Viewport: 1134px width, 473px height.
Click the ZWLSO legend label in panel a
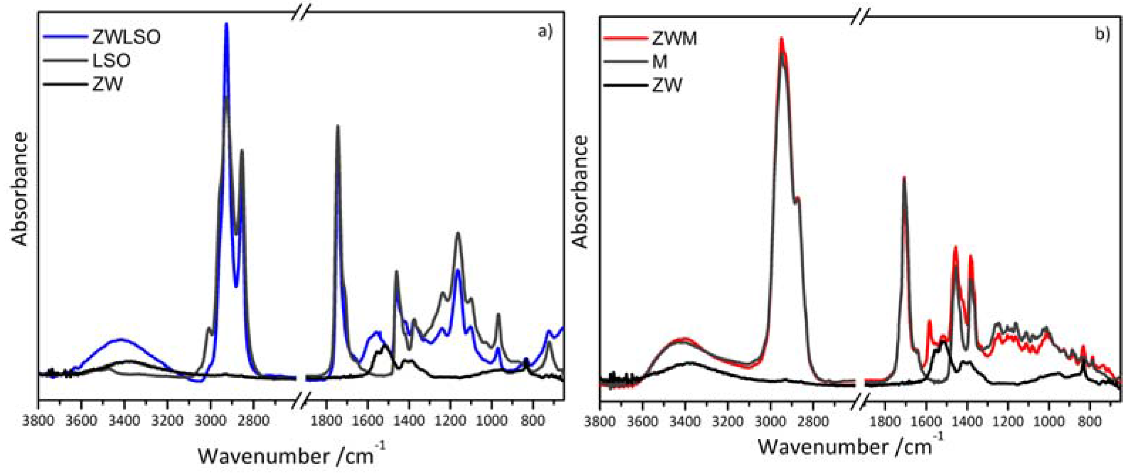[x=127, y=37]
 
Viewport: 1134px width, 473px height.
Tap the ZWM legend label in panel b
[x=674, y=39]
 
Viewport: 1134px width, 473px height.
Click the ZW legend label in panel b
[x=666, y=85]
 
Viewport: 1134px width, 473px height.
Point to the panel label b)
[x=1102, y=34]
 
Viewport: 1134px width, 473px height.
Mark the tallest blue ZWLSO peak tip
[x=226, y=23]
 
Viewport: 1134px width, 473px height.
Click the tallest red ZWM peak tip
[x=781, y=38]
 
